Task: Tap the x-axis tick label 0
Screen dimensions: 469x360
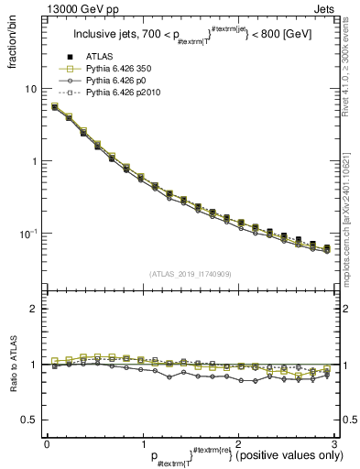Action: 47,443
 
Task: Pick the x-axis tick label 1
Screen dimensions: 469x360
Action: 142,443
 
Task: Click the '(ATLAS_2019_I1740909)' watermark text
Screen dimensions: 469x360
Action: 190,274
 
